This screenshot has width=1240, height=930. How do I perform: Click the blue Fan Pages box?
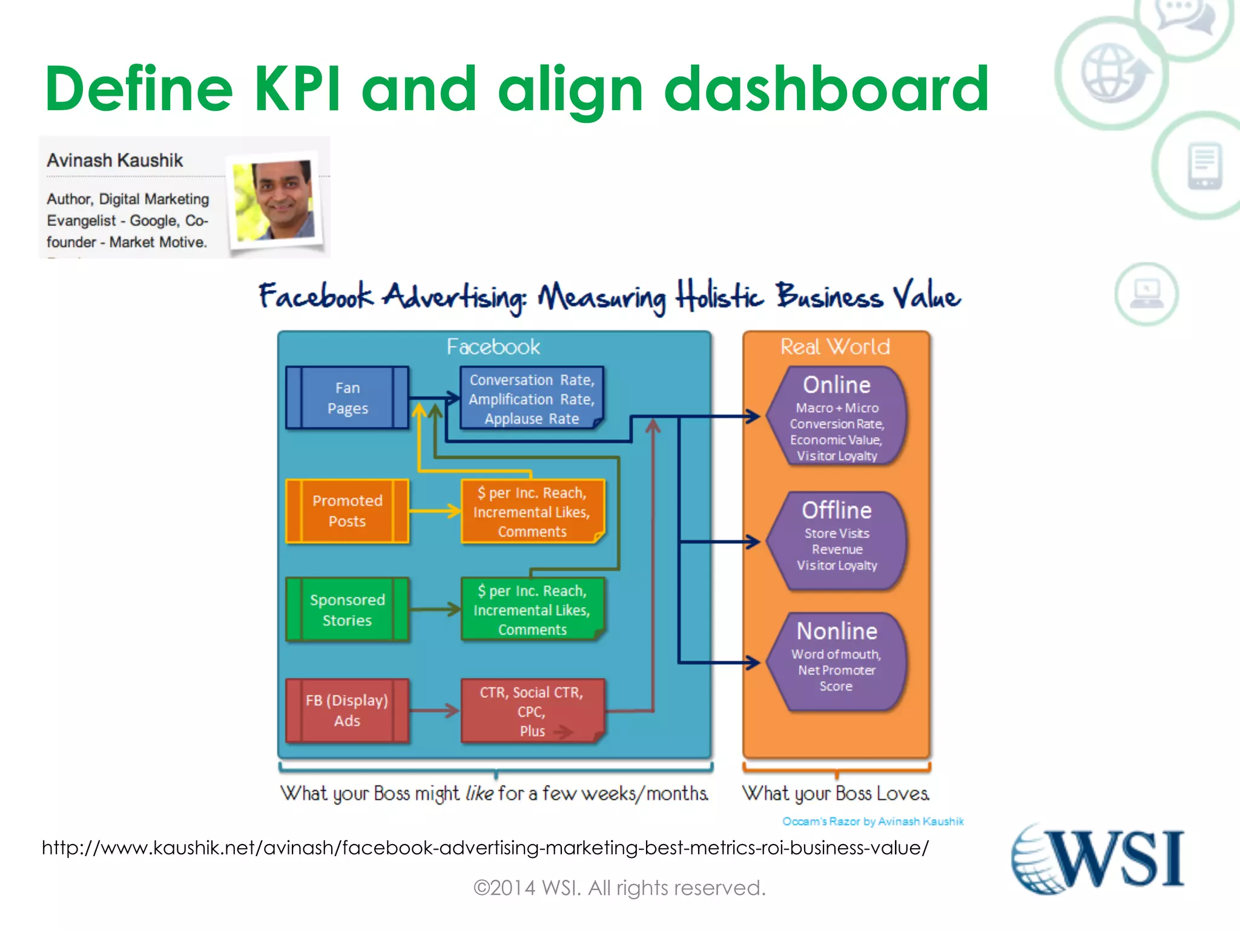point(347,398)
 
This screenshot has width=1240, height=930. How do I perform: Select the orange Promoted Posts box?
point(347,511)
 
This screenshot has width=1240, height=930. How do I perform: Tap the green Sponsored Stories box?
point(347,610)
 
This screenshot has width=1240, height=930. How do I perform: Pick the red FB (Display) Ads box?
point(347,711)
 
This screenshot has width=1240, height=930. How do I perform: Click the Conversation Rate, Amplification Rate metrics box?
point(532,398)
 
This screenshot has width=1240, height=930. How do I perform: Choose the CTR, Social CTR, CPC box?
point(532,711)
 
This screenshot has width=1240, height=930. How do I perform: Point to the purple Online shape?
point(836,417)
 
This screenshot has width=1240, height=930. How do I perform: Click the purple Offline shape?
point(836,541)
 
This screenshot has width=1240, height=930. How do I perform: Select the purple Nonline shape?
point(836,662)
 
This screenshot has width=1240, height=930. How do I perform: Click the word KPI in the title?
point(297,89)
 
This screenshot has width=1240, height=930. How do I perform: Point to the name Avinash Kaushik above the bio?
point(115,160)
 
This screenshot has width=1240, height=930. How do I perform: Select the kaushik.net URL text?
point(484,848)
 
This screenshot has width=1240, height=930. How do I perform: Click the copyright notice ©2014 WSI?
point(619,888)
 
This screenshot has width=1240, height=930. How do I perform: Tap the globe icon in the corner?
point(1112,73)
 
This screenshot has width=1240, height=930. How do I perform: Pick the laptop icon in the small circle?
point(1146,294)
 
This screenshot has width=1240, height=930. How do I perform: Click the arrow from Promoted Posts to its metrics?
point(435,511)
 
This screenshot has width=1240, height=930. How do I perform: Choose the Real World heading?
point(835,347)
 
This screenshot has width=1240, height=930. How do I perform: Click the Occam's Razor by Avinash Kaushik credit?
point(872,822)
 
